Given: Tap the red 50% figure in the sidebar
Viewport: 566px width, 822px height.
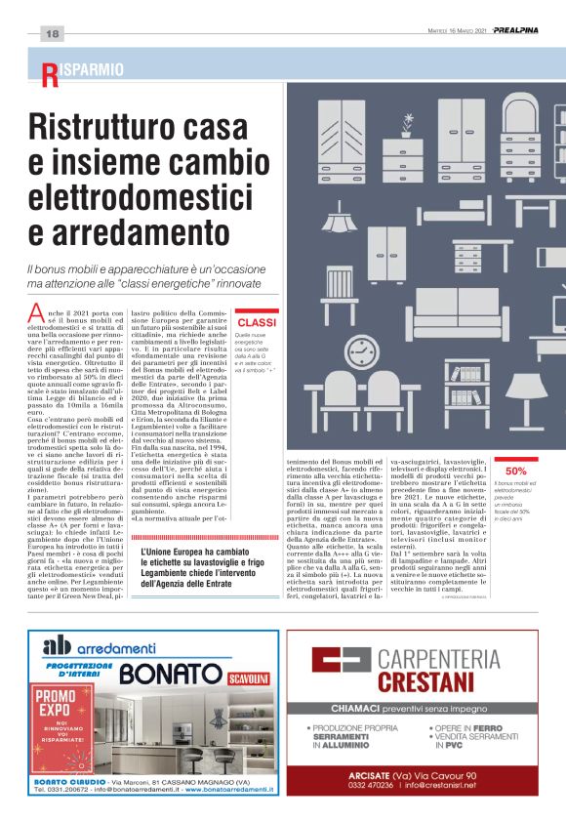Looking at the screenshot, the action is (516, 471).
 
